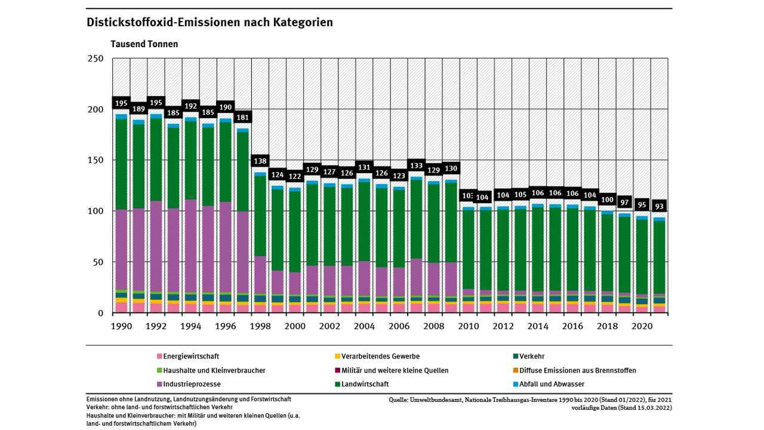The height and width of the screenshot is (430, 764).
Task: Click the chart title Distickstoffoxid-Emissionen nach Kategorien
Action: coord(210,23)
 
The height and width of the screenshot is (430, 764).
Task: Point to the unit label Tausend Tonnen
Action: coord(144,44)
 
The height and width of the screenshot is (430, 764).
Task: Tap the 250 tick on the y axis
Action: coord(95,59)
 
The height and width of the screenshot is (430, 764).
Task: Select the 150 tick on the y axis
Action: coord(95,160)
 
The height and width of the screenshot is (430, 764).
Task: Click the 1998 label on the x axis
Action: coord(260,327)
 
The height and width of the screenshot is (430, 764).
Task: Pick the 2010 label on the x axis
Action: coord(469,327)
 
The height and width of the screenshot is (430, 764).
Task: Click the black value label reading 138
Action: coord(260,161)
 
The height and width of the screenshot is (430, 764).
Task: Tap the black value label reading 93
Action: coord(659,206)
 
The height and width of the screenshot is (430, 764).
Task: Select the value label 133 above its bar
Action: coord(417,165)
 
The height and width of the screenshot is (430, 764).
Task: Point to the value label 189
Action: coord(138,109)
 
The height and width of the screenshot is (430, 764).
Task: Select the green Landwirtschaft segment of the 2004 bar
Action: coord(364,221)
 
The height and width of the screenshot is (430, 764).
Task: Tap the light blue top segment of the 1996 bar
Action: coord(225,120)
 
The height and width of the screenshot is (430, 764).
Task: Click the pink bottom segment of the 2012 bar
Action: coord(503,308)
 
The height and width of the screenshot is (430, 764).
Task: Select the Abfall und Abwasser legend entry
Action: coord(551,384)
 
